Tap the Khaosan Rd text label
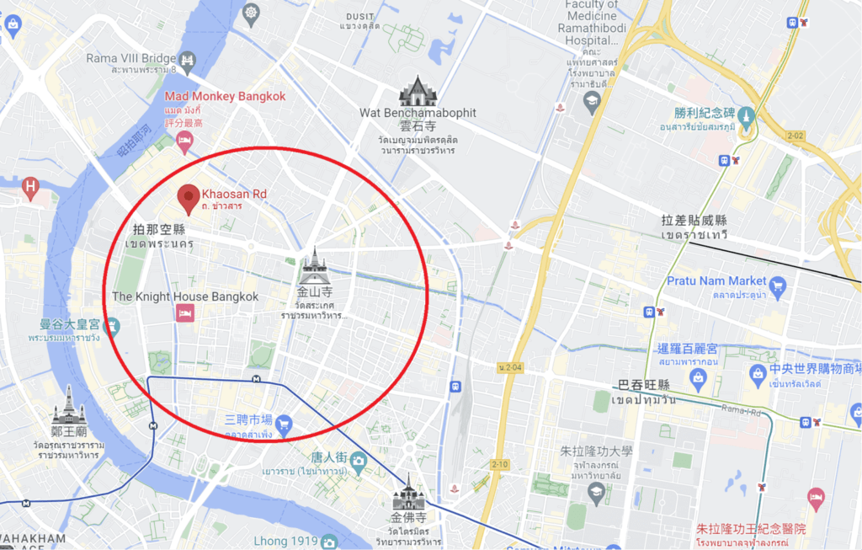[x=234, y=194]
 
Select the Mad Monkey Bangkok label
[x=225, y=96]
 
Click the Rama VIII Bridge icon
[x=187, y=60]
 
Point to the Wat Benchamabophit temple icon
[x=417, y=91]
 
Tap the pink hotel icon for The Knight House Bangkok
[x=185, y=313]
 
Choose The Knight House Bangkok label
[x=185, y=296]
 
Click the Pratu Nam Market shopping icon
[x=778, y=288]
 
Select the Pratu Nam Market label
[x=716, y=280]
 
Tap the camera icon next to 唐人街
[x=359, y=460]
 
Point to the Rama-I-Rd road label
[x=741, y=410]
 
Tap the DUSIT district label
[x=359, y=15]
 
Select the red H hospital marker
[x=31, y=187]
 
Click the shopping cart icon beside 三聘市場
[x=284, y=421]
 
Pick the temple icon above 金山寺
[x=314, y=266]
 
